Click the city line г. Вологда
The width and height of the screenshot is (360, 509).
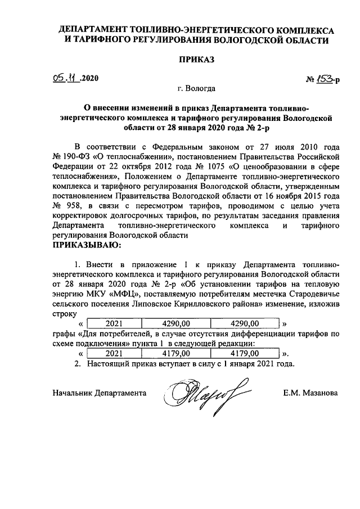click(196, 88)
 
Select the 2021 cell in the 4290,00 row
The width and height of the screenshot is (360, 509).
click(114, 323)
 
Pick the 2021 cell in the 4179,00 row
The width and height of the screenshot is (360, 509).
click(114, 353)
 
